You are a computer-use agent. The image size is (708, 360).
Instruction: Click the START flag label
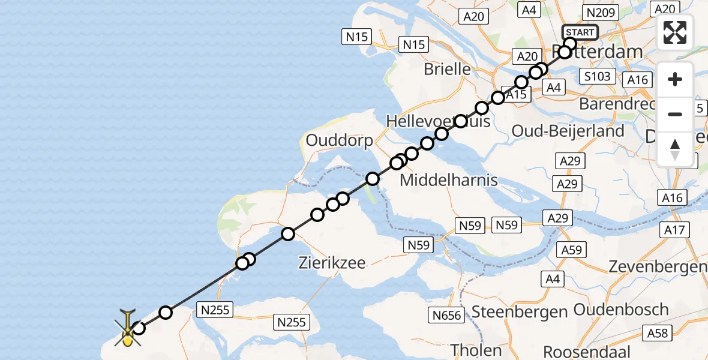[580, 32]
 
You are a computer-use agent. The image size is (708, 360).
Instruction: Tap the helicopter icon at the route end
[128, 329]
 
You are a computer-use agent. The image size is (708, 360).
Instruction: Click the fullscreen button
[675, 32]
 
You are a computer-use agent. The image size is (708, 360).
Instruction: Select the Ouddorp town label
[339, 141]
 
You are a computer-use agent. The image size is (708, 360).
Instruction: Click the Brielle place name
[448, 69]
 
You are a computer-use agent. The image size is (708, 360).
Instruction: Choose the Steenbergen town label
[520, 312]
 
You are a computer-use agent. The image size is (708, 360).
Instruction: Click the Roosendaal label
[590, 351]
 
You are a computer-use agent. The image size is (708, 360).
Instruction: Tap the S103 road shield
[598, 76]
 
